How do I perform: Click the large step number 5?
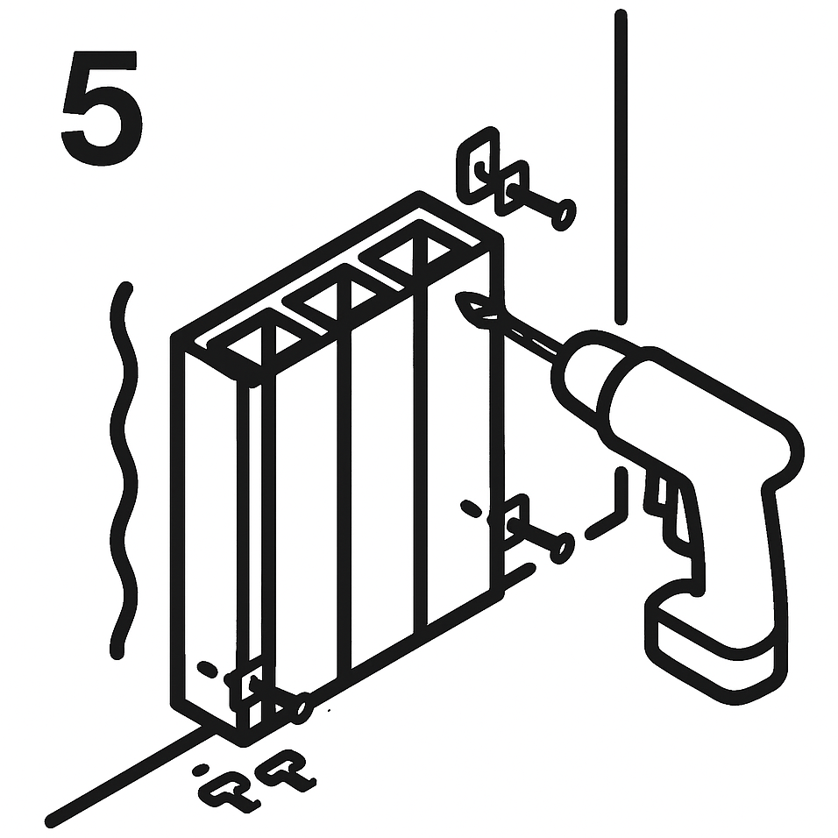[x=102, y=107]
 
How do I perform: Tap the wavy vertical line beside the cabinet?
[x=124, y=471]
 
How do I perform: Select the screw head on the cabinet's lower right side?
[x=563, y=547]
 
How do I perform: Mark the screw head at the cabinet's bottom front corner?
[x=302, y=708]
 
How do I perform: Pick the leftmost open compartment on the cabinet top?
[x=263, y=343]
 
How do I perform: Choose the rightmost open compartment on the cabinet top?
[x=415, y=258]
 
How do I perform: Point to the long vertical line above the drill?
[x=621, y=167]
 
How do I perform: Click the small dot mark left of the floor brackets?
[x=201, y=770]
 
